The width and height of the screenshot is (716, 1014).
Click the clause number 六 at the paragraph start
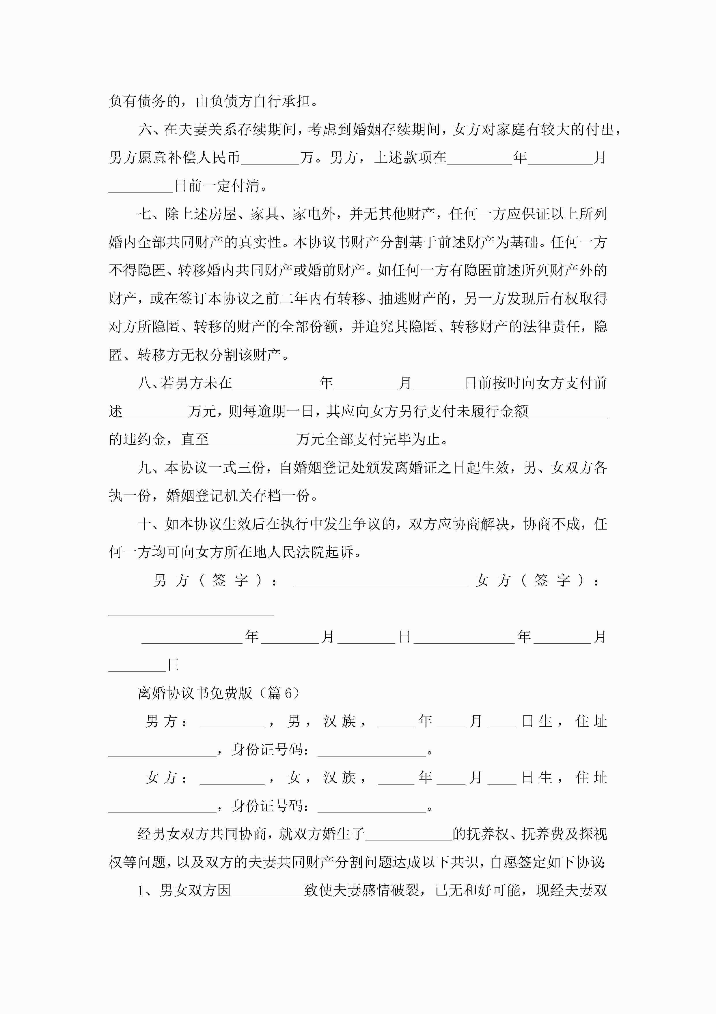[x=145, y=129]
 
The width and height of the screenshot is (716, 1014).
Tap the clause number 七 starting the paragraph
[x=145, y=214]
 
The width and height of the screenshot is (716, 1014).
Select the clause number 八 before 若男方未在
[x=145, y=383]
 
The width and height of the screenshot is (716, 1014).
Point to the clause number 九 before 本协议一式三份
[x=145, y=468]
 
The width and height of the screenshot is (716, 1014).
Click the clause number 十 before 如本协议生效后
[x=145, y=524]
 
